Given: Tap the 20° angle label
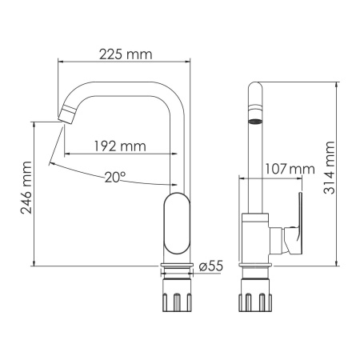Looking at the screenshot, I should pyautogui.click(x=114, y=177).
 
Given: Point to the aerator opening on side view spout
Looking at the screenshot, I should pyautogui.click(x=255, y=122).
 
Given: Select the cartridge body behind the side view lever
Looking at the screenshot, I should pyautogui.click(x=278, y=239).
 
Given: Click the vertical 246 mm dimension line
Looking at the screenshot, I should pyautogui.click(x=35, y=193).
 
